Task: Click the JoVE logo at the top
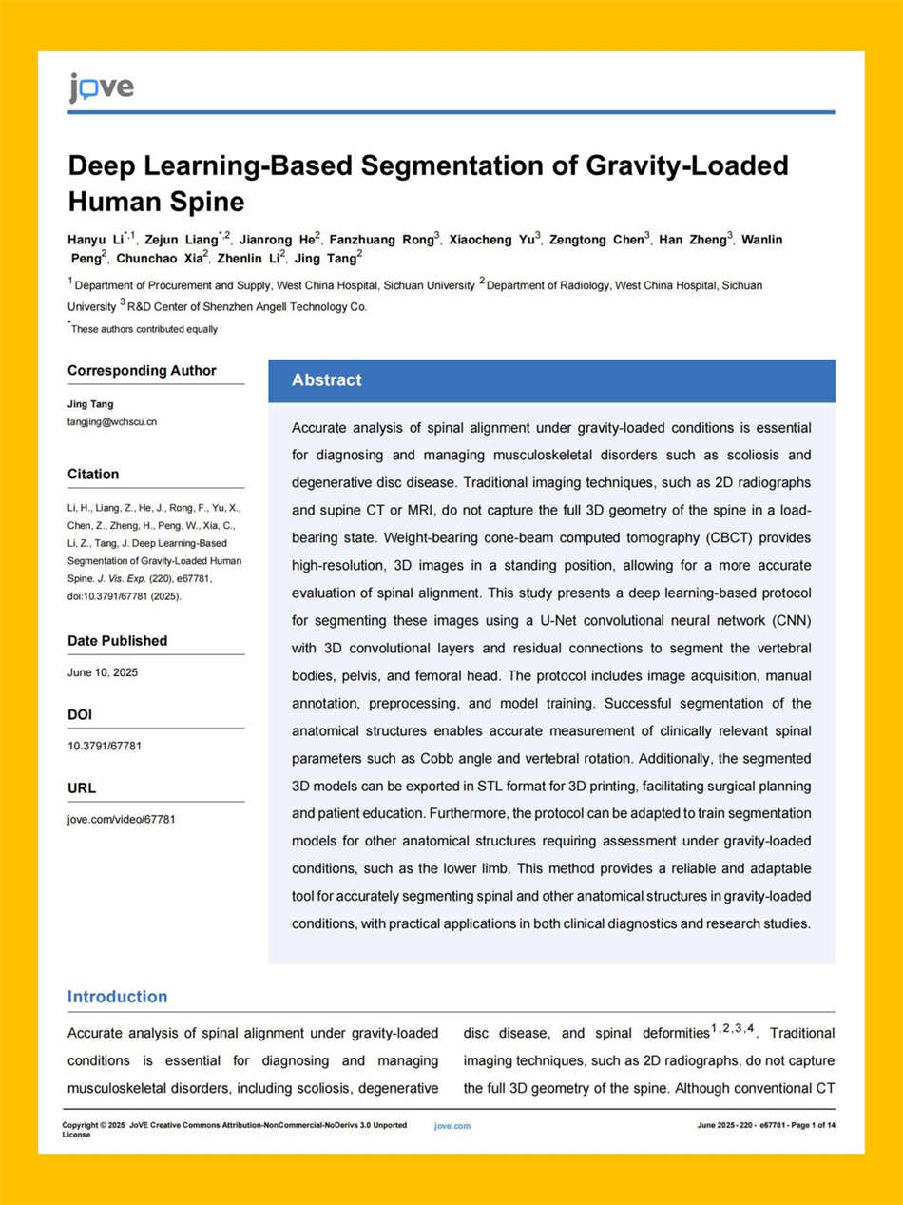click(101, 87)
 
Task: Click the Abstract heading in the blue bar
click(327, 380)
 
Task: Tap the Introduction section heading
click(117, 997)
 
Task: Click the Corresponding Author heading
click(142, 371)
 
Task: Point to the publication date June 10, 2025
click(103, 672)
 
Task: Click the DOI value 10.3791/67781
click(105, 746)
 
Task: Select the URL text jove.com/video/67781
click(122, 819)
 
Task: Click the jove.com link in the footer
click(452, 1126)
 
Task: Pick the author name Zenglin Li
click(250, 258)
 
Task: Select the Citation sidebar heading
click(93, 474)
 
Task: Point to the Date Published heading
click(117, 641)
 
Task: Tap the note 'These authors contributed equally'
click(144, 329)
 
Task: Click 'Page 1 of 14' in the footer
click(811, 1126)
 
